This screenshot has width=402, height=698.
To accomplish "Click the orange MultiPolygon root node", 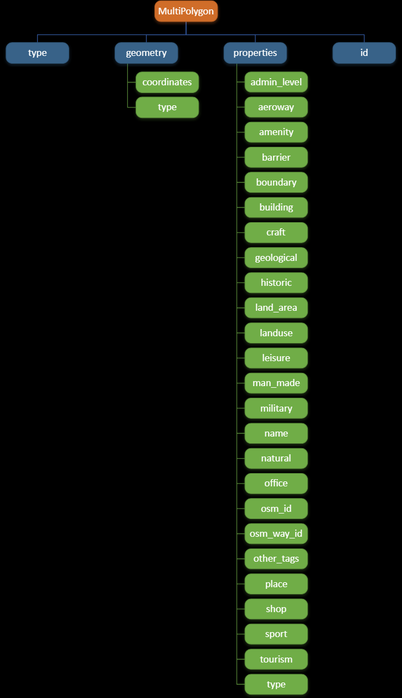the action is pos(186,12).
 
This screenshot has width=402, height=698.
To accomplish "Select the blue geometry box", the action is pos(146,53).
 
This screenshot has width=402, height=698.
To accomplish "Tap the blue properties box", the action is pos(255,53).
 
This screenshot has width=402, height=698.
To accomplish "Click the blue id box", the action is pos(364,53).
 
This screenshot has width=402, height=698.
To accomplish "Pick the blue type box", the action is pos(38,53).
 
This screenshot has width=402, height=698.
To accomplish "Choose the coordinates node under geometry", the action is pos(167,83).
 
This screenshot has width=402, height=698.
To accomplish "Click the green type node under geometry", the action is pos(167,107).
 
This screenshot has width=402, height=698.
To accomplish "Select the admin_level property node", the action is pos(276,83).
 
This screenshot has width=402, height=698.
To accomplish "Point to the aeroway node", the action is pos(276,107).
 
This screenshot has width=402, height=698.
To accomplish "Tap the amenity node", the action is pos(276,132).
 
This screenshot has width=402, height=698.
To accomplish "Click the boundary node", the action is pos(276,182).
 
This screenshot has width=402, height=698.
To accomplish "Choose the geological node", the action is pos(276,258).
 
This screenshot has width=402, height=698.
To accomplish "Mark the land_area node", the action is pos(276,307).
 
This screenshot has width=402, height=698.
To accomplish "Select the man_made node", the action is pos(276,383).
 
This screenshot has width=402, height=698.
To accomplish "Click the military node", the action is pos(276,408).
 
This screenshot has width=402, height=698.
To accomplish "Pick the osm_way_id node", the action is pos(276,533).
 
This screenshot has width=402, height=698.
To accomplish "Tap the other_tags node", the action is pos(276,558).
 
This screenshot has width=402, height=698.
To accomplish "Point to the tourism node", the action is pos(276,659).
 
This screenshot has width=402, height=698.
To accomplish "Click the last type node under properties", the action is pos(276,684).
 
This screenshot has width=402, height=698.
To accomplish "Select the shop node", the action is pos(276,609).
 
